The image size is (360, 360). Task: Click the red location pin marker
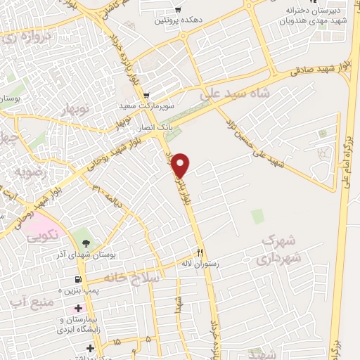click(x=181, y=165)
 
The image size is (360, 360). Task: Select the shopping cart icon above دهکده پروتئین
click(x=178, y=10)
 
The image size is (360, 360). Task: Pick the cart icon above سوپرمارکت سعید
click(x=146, y=95)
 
